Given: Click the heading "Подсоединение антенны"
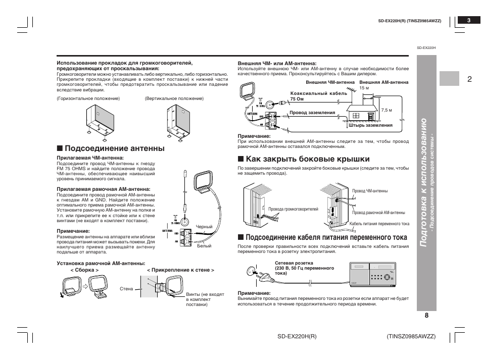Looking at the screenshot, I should pos(114,148).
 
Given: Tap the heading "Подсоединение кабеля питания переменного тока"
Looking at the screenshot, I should pos(326,237).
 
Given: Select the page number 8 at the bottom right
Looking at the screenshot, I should pos(426,315).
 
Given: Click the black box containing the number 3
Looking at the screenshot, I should pos(469,20).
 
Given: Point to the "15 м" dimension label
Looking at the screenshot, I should pos(364,88).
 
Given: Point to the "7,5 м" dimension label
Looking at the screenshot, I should pos(387,110).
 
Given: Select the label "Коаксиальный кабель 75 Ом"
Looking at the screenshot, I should pos(318,96).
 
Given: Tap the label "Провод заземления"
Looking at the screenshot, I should pos(312,113).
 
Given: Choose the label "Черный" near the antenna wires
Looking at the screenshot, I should pos(204,227).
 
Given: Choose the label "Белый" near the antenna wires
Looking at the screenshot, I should pos(204,246).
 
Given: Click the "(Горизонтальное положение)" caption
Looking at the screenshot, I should pos(88,98).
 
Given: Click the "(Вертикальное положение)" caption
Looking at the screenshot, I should pos(174,98).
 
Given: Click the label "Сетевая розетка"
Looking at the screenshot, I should pos(294,263).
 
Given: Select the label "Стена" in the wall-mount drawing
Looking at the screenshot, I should pos(126,289).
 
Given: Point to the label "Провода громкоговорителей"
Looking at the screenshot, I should pos(293,209).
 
